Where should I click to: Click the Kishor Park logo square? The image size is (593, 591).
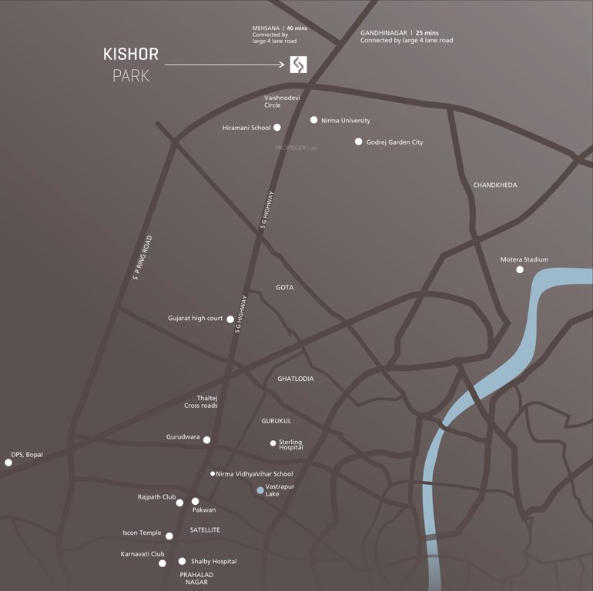[x=298, y=65]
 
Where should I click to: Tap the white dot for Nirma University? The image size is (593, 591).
[x=313, y=120]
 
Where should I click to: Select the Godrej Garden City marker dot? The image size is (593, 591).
[x=358, y=142]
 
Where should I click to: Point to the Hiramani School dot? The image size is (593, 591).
[x=277, y=128]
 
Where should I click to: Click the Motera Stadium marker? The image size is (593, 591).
[x=520, y=269]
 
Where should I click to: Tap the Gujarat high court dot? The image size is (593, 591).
[x=230, y=319]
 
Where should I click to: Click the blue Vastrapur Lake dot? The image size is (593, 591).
[x=260, y=489]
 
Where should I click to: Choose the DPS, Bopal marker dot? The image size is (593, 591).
[x=8, y=462]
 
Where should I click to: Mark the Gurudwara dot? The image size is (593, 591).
[x=206, y=439]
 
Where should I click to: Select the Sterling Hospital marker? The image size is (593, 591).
[x=273, y=442]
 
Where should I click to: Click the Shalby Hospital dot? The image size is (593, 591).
[x=183, y=562]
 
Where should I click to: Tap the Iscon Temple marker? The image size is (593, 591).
[x=169, y=536]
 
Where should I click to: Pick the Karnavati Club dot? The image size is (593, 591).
[x=162, y=563]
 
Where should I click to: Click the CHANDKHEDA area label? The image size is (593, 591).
[x=494, y=185]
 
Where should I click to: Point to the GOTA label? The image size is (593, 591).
[x=285, y=287]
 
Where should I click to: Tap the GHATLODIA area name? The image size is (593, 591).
[x=296, y=379]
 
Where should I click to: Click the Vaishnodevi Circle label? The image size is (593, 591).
[x=282, y=101]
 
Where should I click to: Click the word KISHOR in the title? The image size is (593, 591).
[x=130, y=55]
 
